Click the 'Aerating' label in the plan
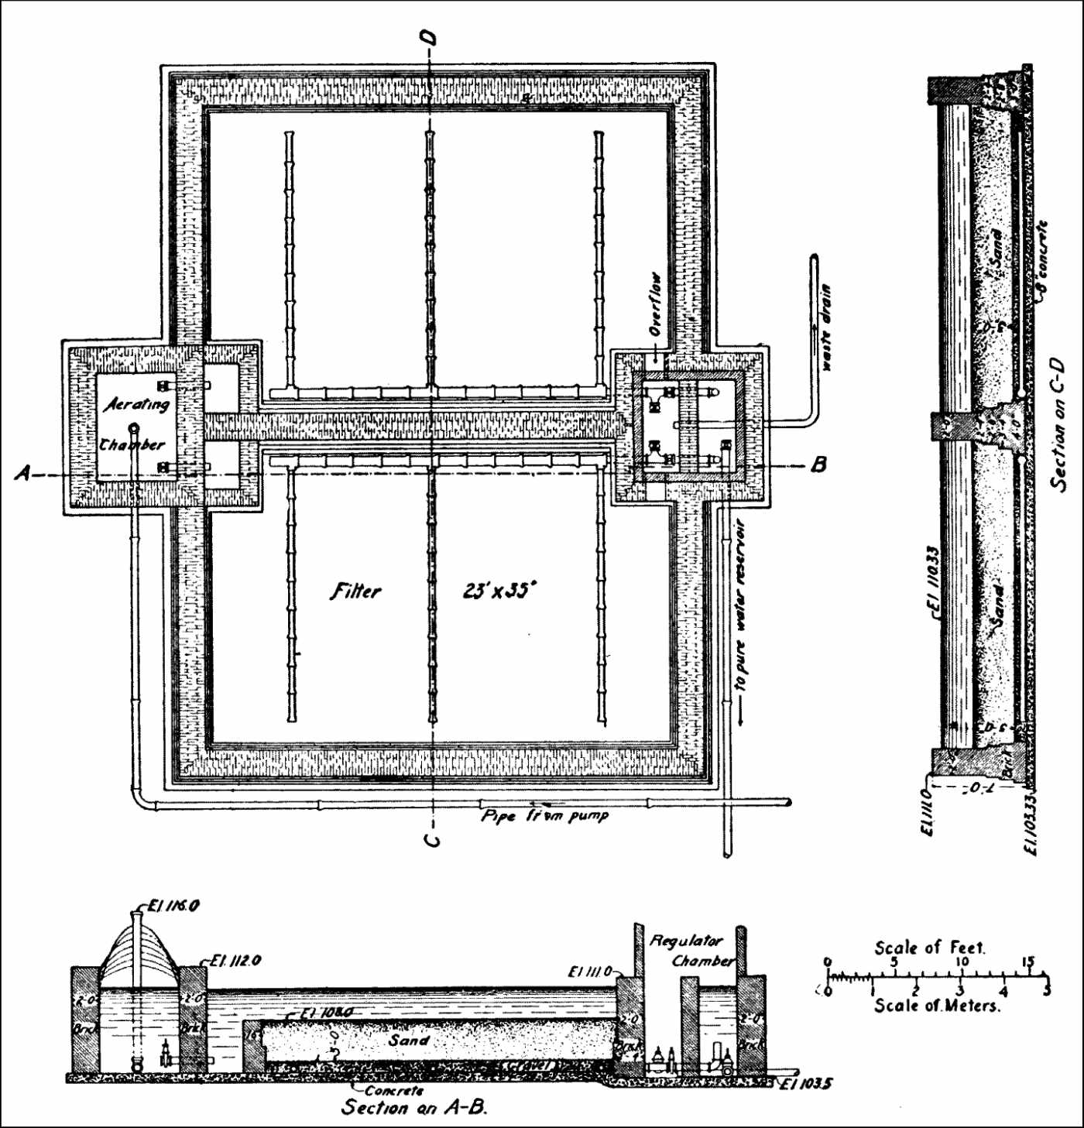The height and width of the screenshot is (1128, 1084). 137,404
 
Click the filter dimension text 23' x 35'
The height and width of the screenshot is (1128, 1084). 499,591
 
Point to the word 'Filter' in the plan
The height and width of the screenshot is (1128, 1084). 356,591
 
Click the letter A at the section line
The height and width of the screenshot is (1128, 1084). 24,472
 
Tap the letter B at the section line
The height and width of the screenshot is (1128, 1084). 818,465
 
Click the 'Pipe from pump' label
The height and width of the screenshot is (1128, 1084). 544,816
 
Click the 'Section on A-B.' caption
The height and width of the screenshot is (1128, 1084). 414,1108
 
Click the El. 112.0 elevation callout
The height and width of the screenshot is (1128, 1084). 235,961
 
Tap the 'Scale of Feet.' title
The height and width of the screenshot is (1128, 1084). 929,948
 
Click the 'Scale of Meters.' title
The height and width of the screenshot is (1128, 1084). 937,1006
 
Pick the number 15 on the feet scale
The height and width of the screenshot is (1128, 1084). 1027,962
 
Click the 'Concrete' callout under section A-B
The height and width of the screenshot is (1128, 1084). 394,1090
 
